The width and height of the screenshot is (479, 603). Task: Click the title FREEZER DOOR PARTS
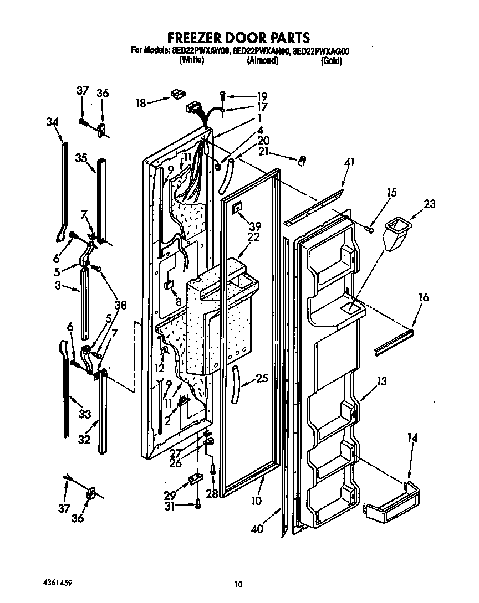[x=238, y=38]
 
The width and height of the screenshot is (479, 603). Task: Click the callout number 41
[x=349, y=162]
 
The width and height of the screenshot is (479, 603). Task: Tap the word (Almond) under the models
[x=262, y=61]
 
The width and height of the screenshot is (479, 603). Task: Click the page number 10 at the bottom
[x=238, y=583]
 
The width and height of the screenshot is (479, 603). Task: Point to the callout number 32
[x=84, y=440]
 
